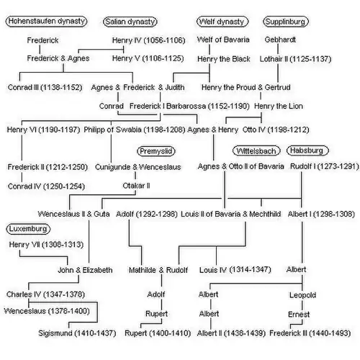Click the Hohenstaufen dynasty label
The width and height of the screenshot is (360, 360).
click(46, 21)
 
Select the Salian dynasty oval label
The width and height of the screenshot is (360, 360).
click(130, 22)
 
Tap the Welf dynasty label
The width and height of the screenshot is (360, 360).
click(222, 22)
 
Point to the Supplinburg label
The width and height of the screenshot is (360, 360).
click(286, 22)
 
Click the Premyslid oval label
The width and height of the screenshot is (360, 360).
click(156, 151)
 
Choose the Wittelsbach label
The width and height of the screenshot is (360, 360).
click(256, 150)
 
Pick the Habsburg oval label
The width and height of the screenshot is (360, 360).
click(307, 150)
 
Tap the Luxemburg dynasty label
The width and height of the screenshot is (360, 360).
click(28, 229)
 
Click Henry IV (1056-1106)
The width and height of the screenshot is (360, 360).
click(148, 40)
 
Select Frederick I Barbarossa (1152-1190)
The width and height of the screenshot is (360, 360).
click(189, 106)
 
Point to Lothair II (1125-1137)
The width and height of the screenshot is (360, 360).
click(295, 59)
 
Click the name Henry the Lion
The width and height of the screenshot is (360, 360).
click(279, 106)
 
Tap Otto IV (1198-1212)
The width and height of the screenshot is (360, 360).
click(276, 130)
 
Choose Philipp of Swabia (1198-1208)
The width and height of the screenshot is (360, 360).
click(135, 130)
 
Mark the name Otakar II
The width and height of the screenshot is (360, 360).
click(136, 186)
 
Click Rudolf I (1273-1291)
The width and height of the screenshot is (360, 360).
click(325, 166)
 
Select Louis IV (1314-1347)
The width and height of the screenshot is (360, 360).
click(235, 270)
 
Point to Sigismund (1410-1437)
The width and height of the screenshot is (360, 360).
click(77, 333)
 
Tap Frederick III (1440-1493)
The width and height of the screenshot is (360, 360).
click(310, 333)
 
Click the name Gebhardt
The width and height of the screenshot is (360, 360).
click(280, 40)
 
